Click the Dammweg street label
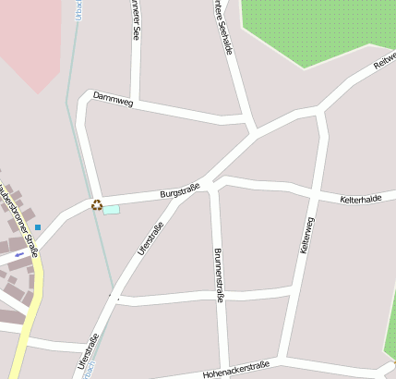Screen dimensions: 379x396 click(x=113, y=99)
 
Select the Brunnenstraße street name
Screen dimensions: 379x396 click(x=219, y=275)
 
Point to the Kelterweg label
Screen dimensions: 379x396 click(x=307, y=235)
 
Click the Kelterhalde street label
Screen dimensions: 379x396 click(x=360, y=199)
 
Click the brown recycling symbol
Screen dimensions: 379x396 click(x=97, y=204)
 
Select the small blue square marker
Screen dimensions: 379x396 click(x=38, y=227)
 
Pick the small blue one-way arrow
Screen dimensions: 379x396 click(x=19, y=253)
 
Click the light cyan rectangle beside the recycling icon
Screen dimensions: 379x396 click(x=111, y=210)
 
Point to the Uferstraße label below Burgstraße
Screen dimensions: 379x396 click(x=150, y=239)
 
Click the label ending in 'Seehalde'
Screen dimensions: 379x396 click(x=222, y=28)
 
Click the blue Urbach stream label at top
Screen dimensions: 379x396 click(x=78, y=9)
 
